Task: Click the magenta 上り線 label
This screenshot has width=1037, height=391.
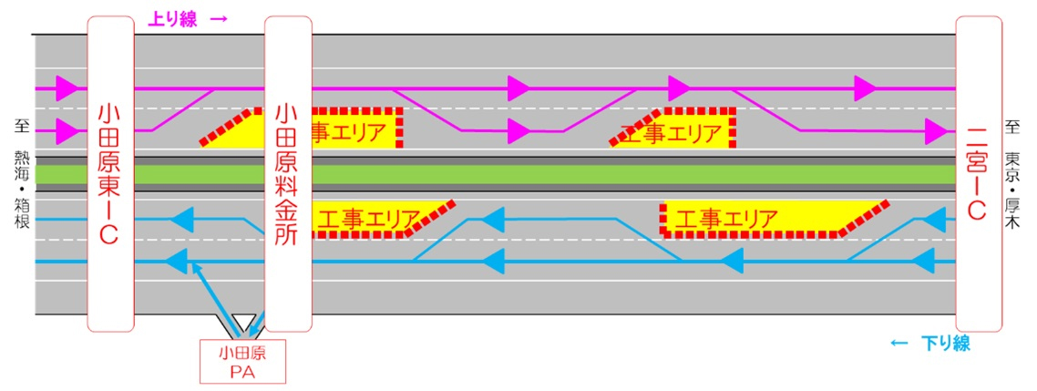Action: (171, 20)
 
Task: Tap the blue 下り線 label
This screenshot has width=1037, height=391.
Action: (946, 343)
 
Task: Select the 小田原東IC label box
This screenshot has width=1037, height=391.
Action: (111, 173)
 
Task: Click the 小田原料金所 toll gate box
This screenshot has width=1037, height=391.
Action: (288, 173)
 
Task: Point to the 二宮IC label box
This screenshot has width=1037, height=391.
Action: (979, 173)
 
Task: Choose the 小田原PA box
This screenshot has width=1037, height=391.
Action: (242, 361)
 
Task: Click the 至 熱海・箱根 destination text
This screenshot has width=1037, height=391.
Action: (19, 173)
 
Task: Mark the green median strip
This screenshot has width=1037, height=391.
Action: (496, 175)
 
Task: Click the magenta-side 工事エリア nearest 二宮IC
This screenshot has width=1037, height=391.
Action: (673, 129)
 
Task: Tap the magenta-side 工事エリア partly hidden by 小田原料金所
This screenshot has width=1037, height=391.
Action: (301, 129)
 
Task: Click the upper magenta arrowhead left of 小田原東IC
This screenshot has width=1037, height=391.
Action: (67, 88)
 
